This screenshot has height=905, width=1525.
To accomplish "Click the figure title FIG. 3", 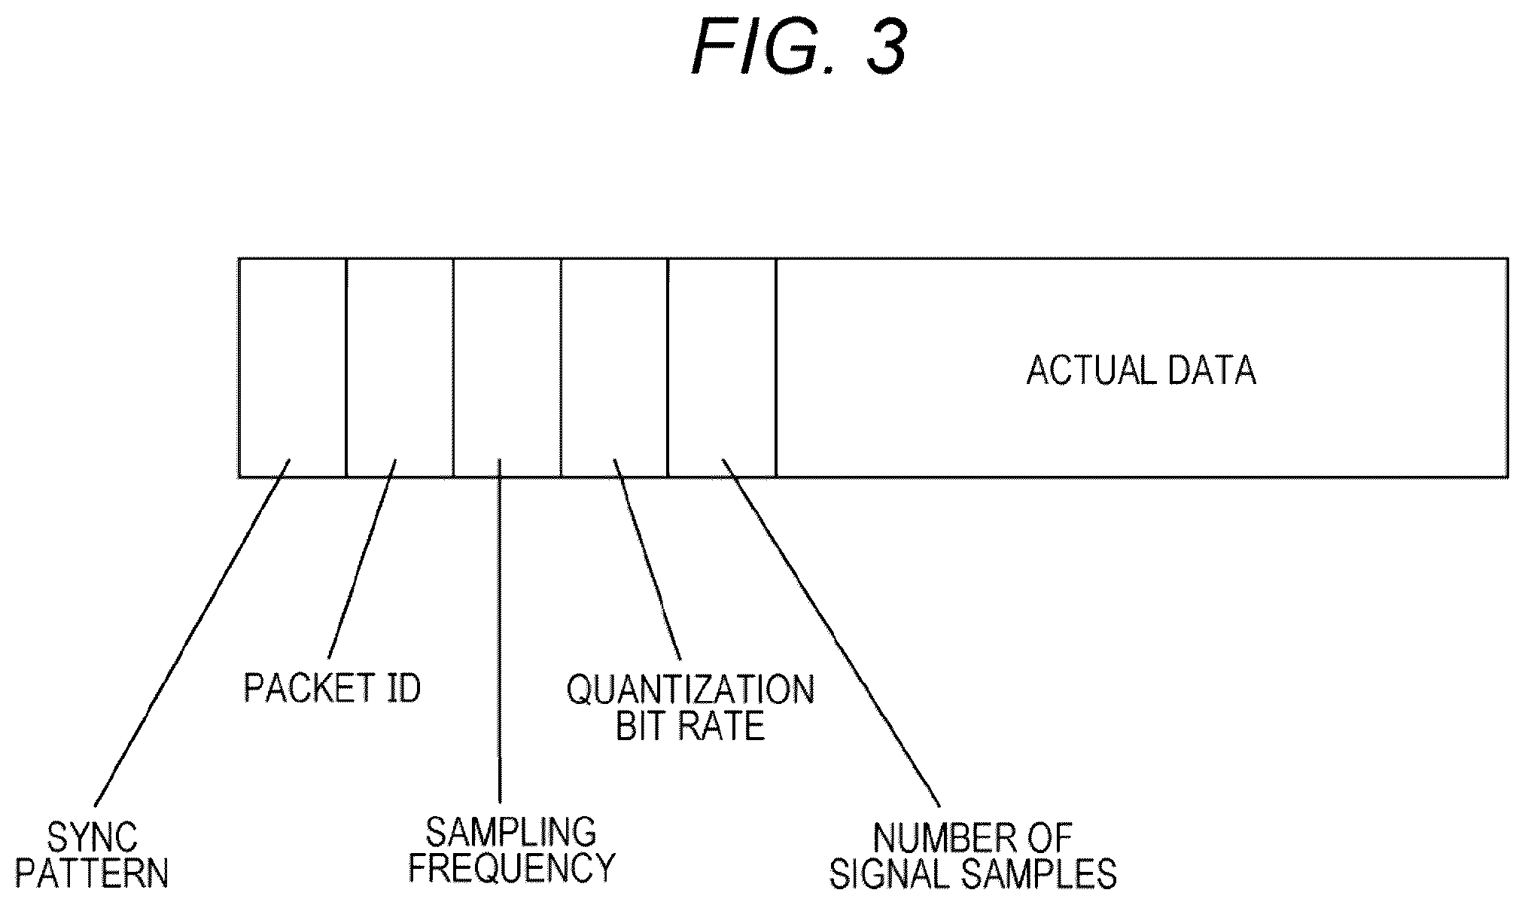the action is (x=799, y=47).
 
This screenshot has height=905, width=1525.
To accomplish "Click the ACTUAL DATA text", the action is (x=1141, y=371).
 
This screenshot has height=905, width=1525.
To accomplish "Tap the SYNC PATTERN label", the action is (x=92, y=855).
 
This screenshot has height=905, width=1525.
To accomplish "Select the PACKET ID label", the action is (x=332, y=687).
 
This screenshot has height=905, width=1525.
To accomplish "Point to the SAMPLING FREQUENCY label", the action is (x=512, y=849).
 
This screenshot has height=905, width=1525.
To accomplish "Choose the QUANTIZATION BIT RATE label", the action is (x=690, y=708).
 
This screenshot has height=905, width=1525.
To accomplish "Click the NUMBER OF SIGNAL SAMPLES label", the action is (x=973, y=855).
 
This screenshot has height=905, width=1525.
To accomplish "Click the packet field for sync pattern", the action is (x=292, y=367).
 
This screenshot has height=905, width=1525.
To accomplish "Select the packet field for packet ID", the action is (x=400, y=367).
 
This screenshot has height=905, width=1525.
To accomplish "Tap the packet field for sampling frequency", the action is (x=507, y=367).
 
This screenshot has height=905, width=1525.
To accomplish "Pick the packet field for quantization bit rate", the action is (x=614, y=367).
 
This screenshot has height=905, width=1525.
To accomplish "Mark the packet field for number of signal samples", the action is (x=722, y=367).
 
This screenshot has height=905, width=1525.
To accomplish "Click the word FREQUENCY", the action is (x=512, y=867).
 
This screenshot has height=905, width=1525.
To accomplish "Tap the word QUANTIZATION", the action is (x=690, y=690).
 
